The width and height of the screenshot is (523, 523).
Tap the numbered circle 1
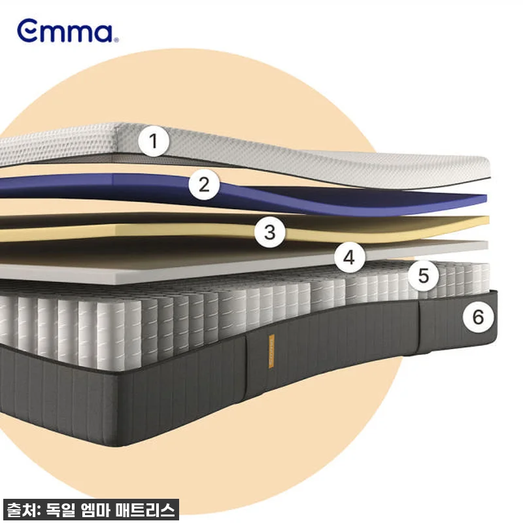(x=154, y=141)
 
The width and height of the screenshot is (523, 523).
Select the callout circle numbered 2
(x=204, y=184)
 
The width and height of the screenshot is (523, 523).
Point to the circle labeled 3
(x=270, y=232)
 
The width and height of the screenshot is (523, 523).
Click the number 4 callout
(x=350, y=258)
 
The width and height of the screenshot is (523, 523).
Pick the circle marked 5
(x=424, y=276)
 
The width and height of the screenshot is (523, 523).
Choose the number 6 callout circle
(x=479, y=316)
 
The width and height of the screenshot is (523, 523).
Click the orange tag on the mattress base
(x=271, y=351)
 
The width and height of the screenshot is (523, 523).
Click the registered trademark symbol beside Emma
(x=116, y=40)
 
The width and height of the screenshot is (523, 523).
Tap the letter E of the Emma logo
(x=27, y=31)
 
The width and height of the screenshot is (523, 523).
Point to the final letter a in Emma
(x=103, y=33)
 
